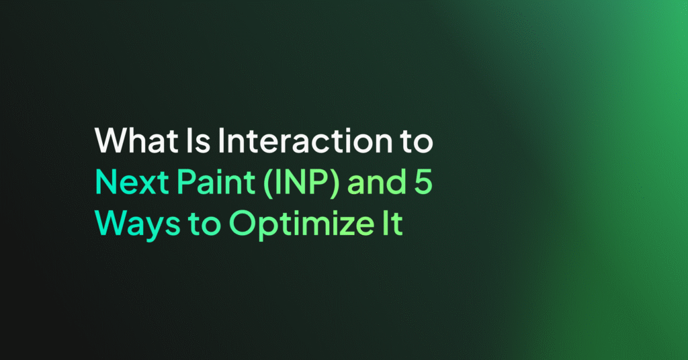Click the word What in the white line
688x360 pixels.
tap(136, 140)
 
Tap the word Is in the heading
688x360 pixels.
tap(198, 140)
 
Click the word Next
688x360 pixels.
tap(132, 182)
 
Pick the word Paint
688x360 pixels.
tap(216, 182)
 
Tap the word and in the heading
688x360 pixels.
tap(377, 182)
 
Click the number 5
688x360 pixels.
tap(423, 182)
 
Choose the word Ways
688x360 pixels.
tap(138, 225)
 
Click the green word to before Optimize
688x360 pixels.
tap(204, 225)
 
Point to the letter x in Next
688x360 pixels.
tap(145, 185)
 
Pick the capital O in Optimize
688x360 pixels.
tap(242, 224)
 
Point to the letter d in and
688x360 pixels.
tap(398, 182)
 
